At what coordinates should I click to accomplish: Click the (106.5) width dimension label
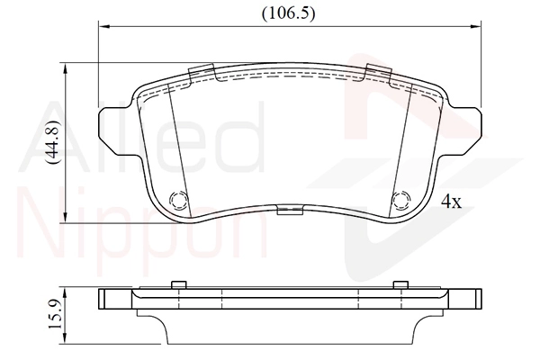point(288,13)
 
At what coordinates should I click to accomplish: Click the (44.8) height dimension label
point(53,142)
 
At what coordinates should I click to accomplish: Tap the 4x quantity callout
point(451,202)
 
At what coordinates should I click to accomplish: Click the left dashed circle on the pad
point(179,200)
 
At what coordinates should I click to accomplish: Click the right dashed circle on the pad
point(401,200)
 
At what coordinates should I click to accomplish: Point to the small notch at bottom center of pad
point(290,210)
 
